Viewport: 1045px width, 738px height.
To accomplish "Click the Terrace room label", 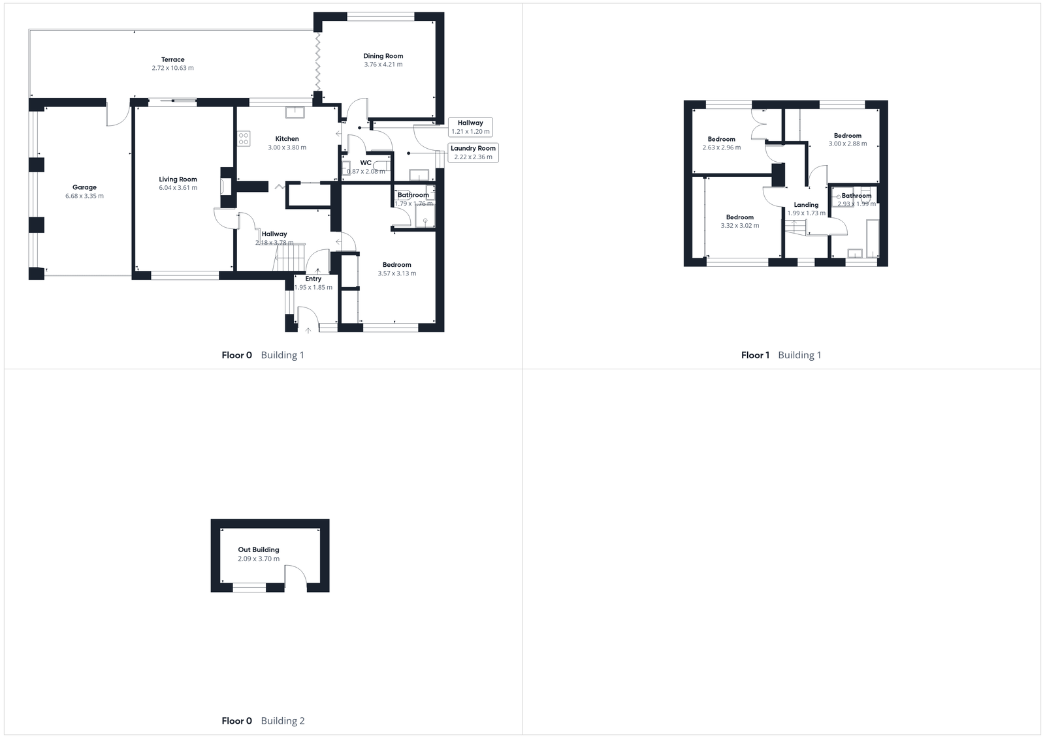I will (x=173, y=59).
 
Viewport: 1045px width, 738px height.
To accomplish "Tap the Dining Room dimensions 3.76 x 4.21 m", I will (x=383, y=65).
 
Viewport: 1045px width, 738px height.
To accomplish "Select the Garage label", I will (x=84, y=187).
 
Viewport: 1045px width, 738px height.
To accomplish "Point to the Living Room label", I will (x=178, y=179).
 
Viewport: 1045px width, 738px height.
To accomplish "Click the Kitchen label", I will (x=287, y=139).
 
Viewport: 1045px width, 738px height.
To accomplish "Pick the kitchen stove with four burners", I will (x=244, y=138).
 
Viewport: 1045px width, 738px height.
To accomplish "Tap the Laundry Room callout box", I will (x=473, y=152).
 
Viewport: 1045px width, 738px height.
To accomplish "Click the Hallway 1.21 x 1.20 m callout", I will (x=470, y=127).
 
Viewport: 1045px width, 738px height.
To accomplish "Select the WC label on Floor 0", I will (x=366, y=162).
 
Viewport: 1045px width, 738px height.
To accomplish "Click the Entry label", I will (x=313, y=279).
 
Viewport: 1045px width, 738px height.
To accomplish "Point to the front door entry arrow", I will (x=308, y=330).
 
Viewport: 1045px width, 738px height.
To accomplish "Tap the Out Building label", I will (x=259, y=549).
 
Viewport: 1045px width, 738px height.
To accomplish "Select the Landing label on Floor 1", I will (x=806, y=204).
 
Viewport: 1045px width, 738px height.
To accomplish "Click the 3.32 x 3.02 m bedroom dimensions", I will (x=740, y=226).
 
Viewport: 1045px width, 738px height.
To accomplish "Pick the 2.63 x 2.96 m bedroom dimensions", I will (x=722, y=147).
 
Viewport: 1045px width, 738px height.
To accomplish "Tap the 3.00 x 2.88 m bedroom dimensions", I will (x=848, y=144).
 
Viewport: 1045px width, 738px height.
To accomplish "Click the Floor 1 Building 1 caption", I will (x=781, y=355).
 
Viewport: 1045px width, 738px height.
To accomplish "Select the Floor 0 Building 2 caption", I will (x=263, y=721).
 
